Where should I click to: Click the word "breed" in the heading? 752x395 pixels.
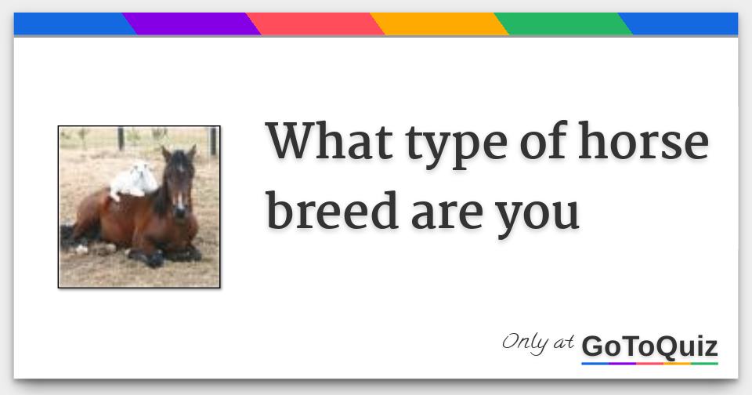click(332, 210)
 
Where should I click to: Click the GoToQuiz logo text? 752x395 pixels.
click(649, 346)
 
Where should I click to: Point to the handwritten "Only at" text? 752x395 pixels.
click(538, 342)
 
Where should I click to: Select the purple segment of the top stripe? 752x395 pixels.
click(191, 24)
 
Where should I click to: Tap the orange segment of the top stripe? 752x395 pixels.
click(439, 24)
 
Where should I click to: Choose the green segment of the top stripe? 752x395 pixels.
click(563, 24)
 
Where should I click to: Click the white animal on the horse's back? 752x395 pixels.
click(135, 179)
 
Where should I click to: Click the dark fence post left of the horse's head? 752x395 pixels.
click(120, 139)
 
